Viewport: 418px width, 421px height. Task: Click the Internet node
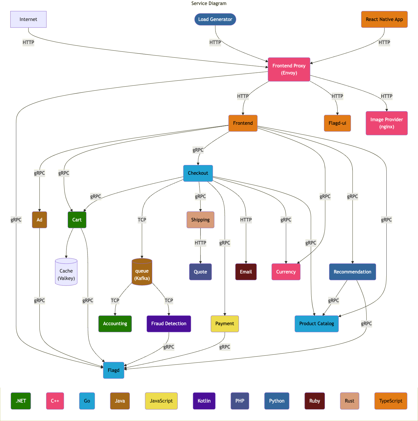28,20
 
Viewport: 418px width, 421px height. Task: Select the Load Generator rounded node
215,20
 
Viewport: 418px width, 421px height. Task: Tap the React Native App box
384,20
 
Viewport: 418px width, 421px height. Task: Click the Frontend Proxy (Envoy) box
289,69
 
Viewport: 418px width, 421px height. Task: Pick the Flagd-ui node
337,123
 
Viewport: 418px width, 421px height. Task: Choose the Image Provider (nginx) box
386,123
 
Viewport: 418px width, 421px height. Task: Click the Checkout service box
198,173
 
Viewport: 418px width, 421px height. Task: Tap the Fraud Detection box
169,324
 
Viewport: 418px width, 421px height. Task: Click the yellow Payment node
225,324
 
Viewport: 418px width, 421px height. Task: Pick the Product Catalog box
317,324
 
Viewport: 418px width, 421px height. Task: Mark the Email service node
246,272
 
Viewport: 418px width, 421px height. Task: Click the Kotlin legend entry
204,401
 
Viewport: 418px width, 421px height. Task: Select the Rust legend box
349,401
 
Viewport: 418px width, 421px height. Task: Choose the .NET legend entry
21,401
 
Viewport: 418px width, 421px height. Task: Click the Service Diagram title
209,4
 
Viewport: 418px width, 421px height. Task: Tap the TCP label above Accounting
115,301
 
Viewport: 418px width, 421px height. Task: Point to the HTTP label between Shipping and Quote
200,243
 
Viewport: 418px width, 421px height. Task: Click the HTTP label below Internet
28,43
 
